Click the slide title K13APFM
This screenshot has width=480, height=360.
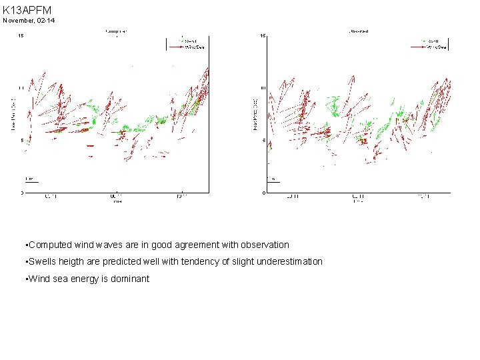27,10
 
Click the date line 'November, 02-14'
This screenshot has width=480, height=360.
29,21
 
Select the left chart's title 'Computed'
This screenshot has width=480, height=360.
116,31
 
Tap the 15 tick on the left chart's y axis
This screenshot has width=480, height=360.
21,35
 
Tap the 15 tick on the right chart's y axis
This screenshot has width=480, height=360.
263,35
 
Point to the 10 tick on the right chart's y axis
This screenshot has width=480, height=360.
263,88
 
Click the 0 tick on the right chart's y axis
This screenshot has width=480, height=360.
264,193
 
